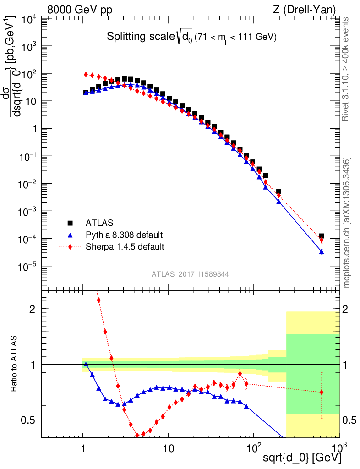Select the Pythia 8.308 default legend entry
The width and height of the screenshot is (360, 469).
click(x=124, y=235)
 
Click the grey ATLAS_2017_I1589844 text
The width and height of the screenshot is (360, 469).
click(x=190, y=274)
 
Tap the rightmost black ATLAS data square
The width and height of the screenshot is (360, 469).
click(x=322, y=236)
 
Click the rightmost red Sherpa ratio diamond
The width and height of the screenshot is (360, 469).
click(x=322, y=392)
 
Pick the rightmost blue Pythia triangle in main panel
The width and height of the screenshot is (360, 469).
click(x=322, y=251)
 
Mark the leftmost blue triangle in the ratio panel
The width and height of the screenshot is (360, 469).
click(x=86, y=365)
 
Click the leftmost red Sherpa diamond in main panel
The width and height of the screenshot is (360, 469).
click(x=86, y=74)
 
